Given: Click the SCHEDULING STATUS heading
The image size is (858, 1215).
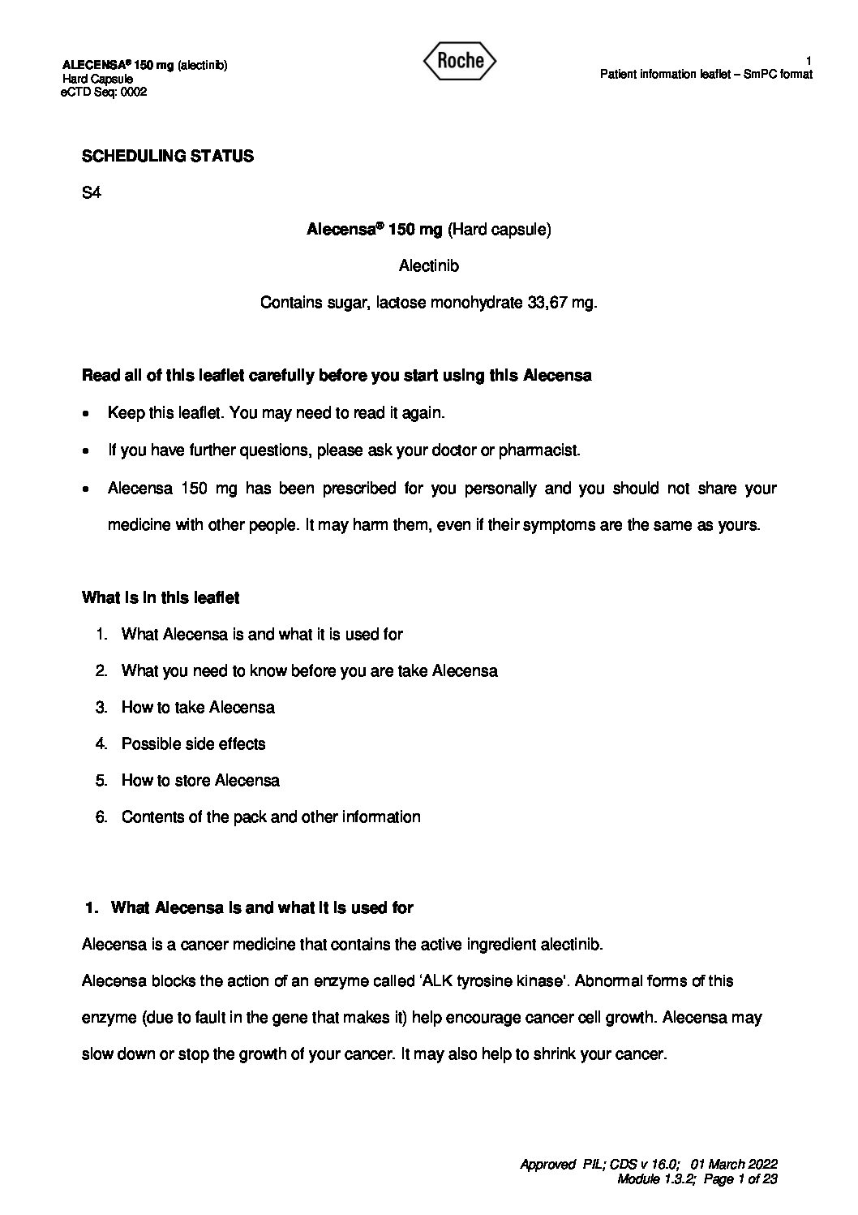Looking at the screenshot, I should (167, 156).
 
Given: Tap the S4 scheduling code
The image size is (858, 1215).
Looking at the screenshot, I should (91, 193).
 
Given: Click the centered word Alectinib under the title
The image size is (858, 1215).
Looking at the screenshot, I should (429, 265).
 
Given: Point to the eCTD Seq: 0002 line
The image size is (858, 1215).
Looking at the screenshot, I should (104, 93).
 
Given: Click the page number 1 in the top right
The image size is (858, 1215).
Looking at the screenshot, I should (809, 61).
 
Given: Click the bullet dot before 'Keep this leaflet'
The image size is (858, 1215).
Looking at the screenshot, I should (87, 413).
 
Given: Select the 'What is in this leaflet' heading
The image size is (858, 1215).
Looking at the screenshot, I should (161, 597).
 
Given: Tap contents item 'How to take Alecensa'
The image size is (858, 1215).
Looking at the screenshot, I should (198, 707).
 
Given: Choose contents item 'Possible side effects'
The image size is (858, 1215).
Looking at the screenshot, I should (193, 743).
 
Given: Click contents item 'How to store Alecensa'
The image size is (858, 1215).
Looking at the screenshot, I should (200, 780).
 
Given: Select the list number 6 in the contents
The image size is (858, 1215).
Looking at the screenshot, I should (101, 816).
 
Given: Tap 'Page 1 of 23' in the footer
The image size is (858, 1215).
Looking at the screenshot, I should (741, 1179).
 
